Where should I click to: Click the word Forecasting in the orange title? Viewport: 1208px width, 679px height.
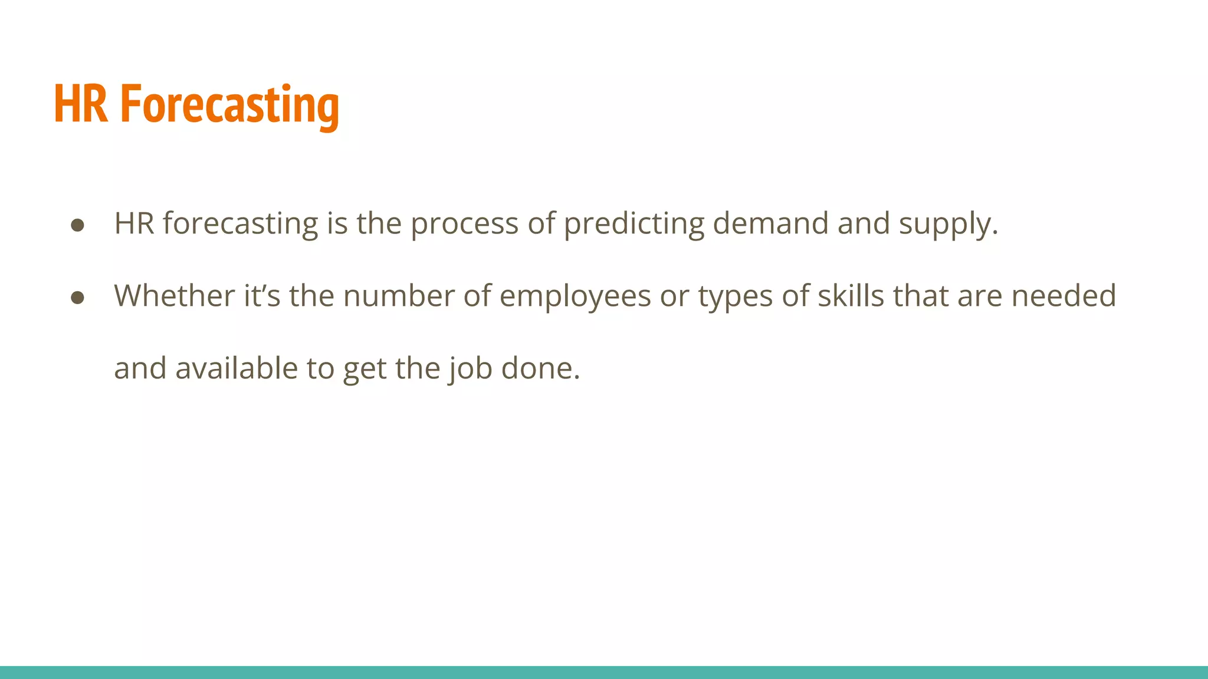tap(229, 105)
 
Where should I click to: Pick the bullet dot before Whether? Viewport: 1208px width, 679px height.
tap(77, 298)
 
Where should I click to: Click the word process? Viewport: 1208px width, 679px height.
tap(464, 225)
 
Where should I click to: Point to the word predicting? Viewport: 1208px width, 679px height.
tap(633, 225)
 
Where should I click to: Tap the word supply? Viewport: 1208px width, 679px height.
tap(948, 225)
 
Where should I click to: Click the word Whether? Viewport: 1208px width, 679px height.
tap(175, 296)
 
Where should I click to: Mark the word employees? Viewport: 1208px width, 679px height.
tap(575, 297)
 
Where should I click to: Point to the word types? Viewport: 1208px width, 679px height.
tap(735, 297)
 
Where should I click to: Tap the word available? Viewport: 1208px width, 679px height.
tap(237, 368)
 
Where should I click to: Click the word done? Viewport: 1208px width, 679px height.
tap(540, 368)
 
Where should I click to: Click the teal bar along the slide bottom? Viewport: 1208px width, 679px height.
tap(604, 672)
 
